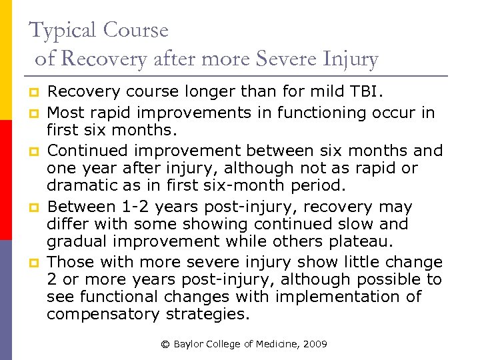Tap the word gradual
[75, 242]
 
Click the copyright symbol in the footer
[165, 345]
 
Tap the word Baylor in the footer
[187, 345]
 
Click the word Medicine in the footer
[273, 345]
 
